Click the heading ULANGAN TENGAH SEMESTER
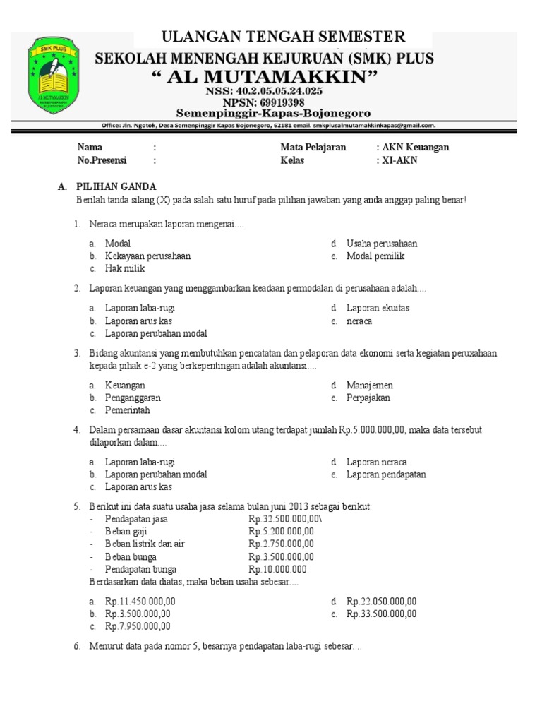(284, 37)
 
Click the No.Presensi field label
(102, 160)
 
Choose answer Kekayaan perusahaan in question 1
(147, 256)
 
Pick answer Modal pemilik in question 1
(375, 256)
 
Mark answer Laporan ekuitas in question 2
(378, 308)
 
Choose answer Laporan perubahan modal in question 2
(156, 333)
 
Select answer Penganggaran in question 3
(133, 398)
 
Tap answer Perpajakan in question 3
(368, 398)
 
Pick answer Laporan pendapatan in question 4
(386, 474)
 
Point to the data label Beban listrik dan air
(145, 544)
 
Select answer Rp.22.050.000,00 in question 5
(381, 602)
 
